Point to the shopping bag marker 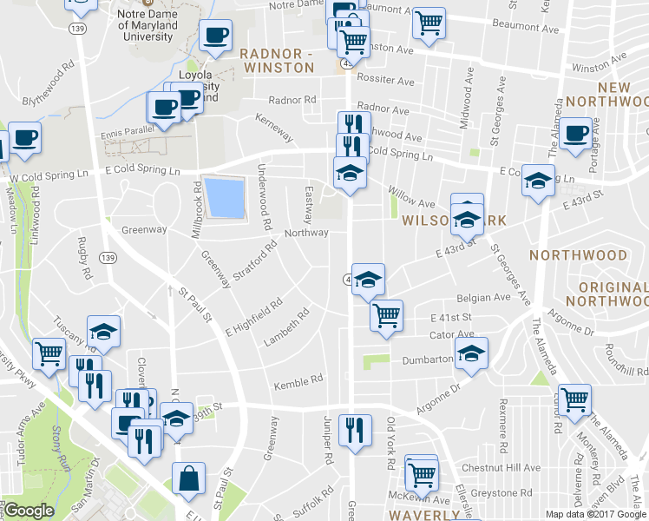click(x=188, y=478)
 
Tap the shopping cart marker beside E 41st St click(x=386, y=315)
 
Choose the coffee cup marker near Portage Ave click(x=575, y=135)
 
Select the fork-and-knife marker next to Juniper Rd click(x=353, y=430)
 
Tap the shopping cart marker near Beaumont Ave click(x=429, y=23)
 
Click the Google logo click(x=29, y=511)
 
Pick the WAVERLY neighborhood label click(x=423, y=515)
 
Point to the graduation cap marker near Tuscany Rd click(x=103, y=333)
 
